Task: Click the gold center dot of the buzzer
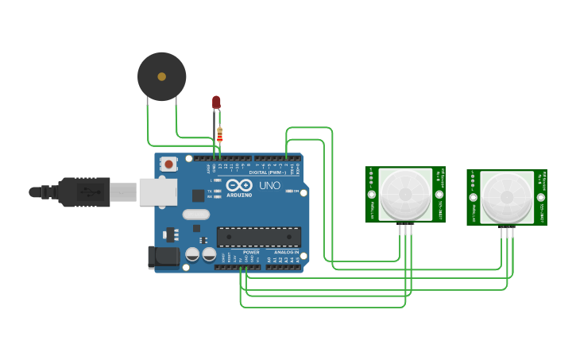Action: [162, 76]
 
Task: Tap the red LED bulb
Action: [216, 102]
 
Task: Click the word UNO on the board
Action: [270, 186]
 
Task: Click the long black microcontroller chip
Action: [259, 237]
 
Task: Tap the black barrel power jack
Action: [162, 257]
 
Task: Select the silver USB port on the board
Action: [158, 192]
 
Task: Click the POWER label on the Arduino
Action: [251, 252]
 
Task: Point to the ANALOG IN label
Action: [287, 252]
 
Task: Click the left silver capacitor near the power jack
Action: [192, 254]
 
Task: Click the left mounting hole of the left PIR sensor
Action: [371, 193]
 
